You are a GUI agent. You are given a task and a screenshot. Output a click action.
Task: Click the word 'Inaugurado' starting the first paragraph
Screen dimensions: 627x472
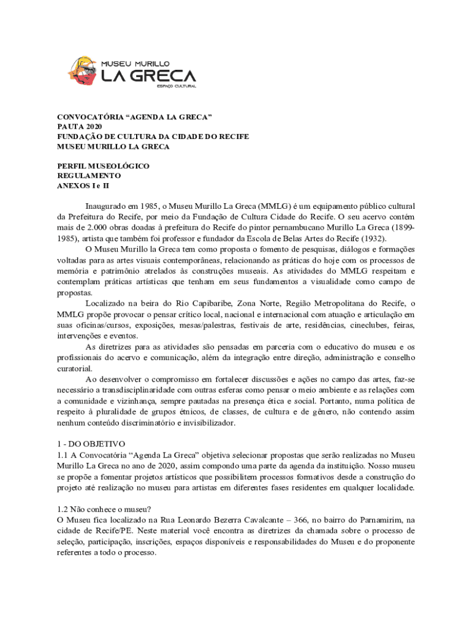106,206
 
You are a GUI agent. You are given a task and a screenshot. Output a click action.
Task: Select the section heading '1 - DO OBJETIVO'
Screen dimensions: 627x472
91,443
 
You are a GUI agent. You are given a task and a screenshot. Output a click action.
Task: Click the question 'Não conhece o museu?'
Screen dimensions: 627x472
110,508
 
